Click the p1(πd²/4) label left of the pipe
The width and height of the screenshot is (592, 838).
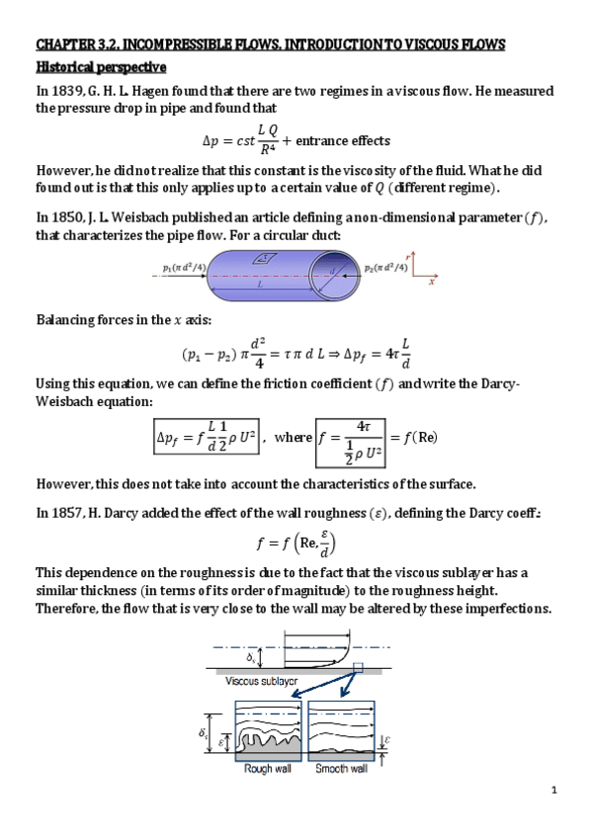click(x=183, y=267)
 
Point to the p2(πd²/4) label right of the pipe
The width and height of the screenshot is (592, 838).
click(x=386, y=268)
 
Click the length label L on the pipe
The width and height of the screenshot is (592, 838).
click(x=258, y=282)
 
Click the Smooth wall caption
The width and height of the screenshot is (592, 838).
click(x=340, y=768)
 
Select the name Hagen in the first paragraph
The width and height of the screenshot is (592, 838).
click(x=156, y=92)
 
